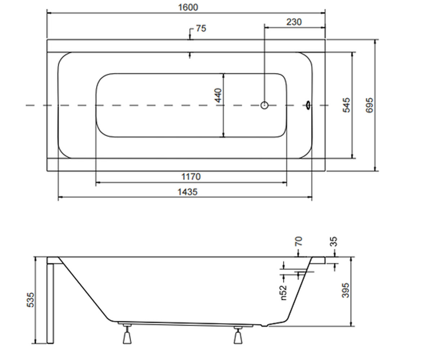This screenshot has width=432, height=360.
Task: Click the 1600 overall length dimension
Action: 188,8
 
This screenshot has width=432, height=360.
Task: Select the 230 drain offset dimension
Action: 294,22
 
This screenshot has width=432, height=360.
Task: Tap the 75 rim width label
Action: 201,28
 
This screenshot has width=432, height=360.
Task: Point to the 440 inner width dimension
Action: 218,95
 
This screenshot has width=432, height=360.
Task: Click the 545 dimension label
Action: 346,105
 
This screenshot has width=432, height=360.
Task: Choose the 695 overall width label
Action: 369,105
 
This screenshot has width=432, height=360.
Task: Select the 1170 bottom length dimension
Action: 191,177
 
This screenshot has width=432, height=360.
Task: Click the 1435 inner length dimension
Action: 188,192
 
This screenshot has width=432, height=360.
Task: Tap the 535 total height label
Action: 30,300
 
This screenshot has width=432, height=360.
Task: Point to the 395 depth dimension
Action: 346,290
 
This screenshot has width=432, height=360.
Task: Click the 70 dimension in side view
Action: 298,241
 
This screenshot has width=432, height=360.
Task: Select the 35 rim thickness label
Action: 333,242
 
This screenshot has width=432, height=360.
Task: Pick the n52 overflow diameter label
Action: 284,293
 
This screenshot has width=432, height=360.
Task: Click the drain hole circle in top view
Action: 264,105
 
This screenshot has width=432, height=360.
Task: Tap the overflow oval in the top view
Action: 308,105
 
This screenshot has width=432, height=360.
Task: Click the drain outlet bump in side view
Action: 264,326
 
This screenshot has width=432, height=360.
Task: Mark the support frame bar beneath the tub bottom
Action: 186,324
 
